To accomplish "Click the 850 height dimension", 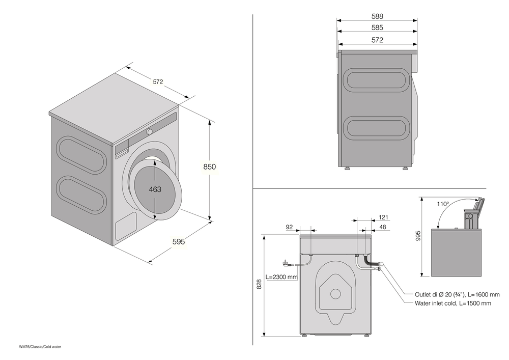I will [x=210, y=167].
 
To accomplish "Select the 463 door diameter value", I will [x=155, y=189].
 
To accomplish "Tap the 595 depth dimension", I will [x=178, y=242].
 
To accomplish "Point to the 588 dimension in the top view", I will [x=377, y=16].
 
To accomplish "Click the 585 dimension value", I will [x=377, y=28].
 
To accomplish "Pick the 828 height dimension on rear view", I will [x=259, y=286].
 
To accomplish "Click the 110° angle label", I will [x=443, y=204].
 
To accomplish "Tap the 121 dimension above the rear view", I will [x=383, y=217].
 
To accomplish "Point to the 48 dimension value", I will [x=383, y=227].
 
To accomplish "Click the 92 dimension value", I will [x=290, y=227].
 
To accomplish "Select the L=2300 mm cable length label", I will [x=281, y=277].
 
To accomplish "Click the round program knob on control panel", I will [x=150, y=132].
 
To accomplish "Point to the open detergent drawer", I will [x=472, y=213].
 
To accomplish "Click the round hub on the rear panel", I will [x=335, y=293].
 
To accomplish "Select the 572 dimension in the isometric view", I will [x=158, y=81].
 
